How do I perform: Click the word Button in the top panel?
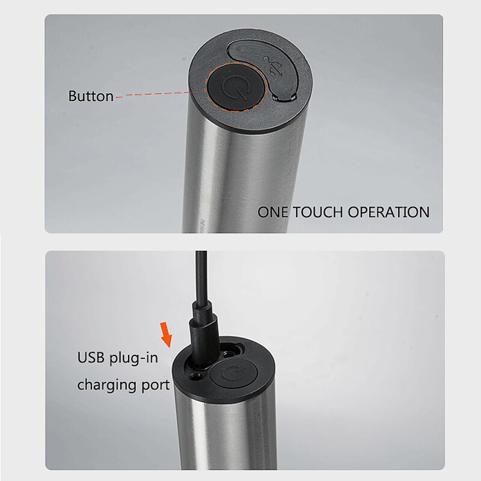[91, 96]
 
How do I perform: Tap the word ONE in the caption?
[272, 212]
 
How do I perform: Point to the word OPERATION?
[388, 212]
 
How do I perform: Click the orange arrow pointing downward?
[166, 335]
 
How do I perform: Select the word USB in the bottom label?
[91, 358]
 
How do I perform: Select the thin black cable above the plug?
[201, 276]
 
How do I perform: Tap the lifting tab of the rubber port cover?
[284, 97]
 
